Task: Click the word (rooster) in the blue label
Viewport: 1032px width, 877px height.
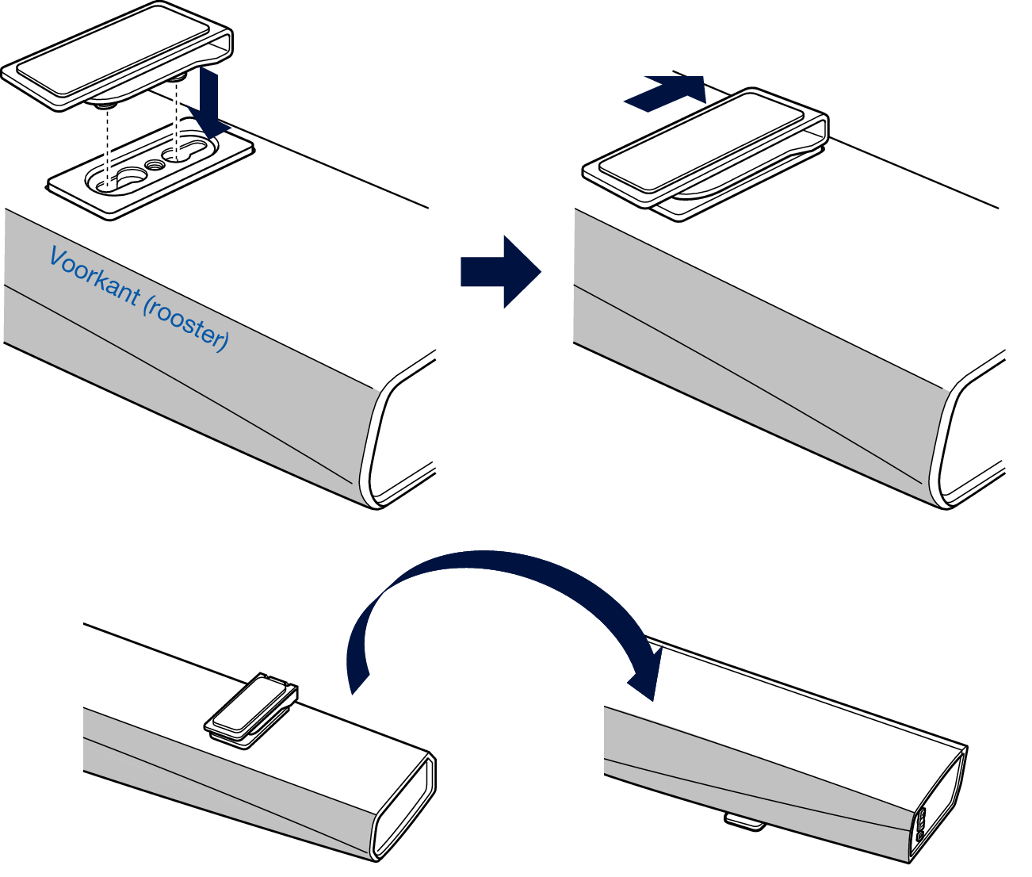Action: [x=187, y=326]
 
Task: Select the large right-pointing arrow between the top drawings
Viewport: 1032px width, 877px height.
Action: [x=499, y=271]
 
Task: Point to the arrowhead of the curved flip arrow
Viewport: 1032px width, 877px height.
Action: [x=646, y=674]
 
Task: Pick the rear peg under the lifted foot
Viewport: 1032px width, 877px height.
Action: [x=177, y=78]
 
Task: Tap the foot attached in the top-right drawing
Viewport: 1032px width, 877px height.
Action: [x=705, y=151]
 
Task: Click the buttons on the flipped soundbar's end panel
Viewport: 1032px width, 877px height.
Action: [x=921, y=825]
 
